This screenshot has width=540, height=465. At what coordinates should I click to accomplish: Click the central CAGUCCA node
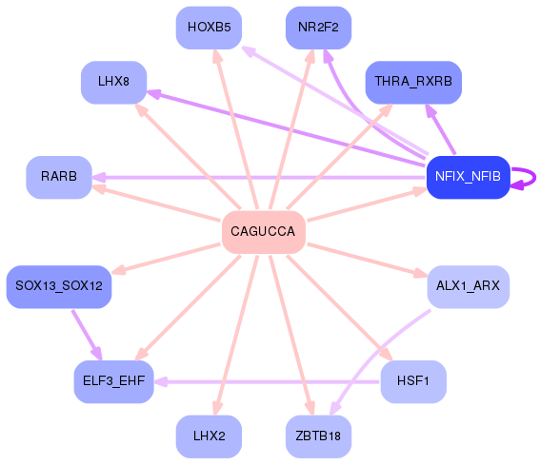coord(263,232)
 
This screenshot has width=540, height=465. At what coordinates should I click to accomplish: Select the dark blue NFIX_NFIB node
coord(468,177)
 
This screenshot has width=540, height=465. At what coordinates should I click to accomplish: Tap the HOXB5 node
coord(209,27)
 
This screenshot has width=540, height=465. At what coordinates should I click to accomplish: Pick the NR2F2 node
coord(319,27)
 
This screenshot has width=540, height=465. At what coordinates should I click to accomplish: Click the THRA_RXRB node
coord(413,82)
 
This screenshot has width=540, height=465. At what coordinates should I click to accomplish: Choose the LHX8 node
coord(113,82)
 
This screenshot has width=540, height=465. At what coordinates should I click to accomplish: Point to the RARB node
coord(58,177)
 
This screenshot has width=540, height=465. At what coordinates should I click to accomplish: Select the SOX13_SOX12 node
coord(59,286)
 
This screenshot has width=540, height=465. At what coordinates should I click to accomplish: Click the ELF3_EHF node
coord(113,382)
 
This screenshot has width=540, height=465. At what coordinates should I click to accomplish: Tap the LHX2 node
coord(209,437)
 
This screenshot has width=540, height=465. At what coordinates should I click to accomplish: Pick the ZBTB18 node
coord(319,437)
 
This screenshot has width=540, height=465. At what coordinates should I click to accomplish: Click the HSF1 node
coord(413,382)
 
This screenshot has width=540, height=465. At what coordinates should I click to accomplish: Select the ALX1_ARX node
coord(468,286)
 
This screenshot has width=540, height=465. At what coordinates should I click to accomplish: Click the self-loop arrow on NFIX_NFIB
coord(527,178)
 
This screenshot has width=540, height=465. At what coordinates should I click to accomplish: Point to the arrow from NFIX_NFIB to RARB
coord(257,177)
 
